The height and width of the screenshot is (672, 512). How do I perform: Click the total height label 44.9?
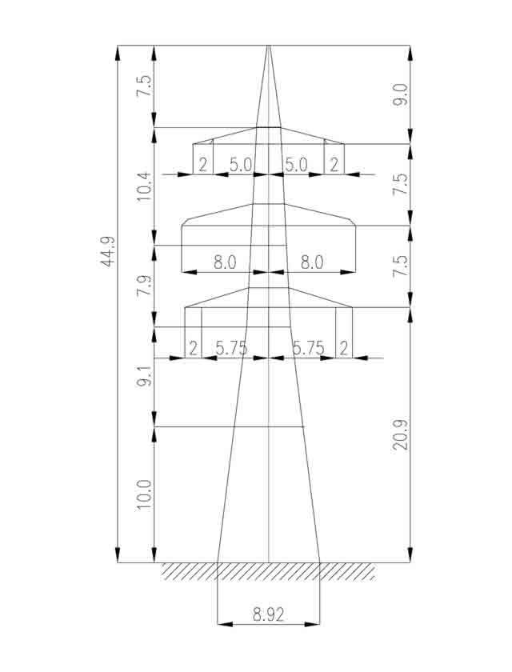click(x=107, y=251)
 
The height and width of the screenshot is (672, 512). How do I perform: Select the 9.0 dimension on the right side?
click(x=401, y=95)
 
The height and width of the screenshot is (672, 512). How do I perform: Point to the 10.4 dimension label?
click(x=143, y=187)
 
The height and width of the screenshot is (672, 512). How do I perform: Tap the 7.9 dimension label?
click(x=143, y=286)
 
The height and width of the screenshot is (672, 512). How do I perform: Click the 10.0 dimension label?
click(x=144, y=495)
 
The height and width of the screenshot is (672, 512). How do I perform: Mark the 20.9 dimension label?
click(x=401, y=435)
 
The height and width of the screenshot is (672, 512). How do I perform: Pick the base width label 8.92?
click(x=268, y=615)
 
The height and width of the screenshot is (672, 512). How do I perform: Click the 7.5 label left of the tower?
click(x=143, y=86)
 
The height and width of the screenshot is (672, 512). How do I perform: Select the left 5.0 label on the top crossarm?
click(x=240, y=165)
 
